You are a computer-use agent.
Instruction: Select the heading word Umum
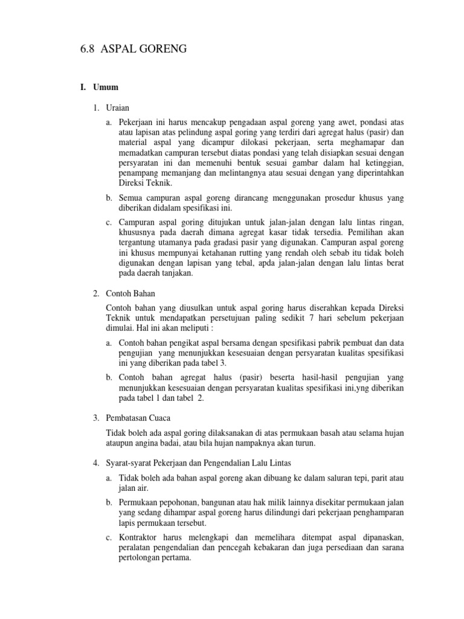(x=106, y=88)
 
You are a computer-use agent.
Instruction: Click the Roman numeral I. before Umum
(x=83, y=88)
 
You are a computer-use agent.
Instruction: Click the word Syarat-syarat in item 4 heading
(x=128, y=463)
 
